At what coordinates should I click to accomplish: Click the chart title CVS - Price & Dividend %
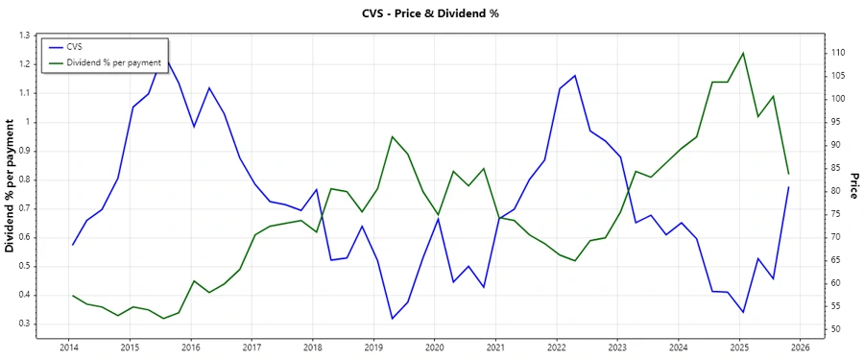point(431,13)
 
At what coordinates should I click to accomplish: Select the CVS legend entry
point(75,46)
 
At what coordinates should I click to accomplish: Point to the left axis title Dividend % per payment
point(11,186)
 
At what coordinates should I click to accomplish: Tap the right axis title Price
point(853,186)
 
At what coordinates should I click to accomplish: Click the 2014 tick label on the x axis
point(68,346)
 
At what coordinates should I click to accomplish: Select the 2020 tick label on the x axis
point(434,346)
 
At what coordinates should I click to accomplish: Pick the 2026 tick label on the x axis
point(801,346)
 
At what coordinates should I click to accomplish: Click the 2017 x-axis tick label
point(252,346)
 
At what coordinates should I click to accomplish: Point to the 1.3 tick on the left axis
point(24,36)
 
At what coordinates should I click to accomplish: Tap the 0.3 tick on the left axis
point(24,324)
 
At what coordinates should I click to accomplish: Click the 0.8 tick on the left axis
point(24,180)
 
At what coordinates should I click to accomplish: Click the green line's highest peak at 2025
point(743,53)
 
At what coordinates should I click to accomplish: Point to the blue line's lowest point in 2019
point(392,319)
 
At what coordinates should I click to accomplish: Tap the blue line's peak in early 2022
point(574,75)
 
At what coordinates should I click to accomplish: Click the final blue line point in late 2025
point(788,187)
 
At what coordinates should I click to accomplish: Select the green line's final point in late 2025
point(788,173)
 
